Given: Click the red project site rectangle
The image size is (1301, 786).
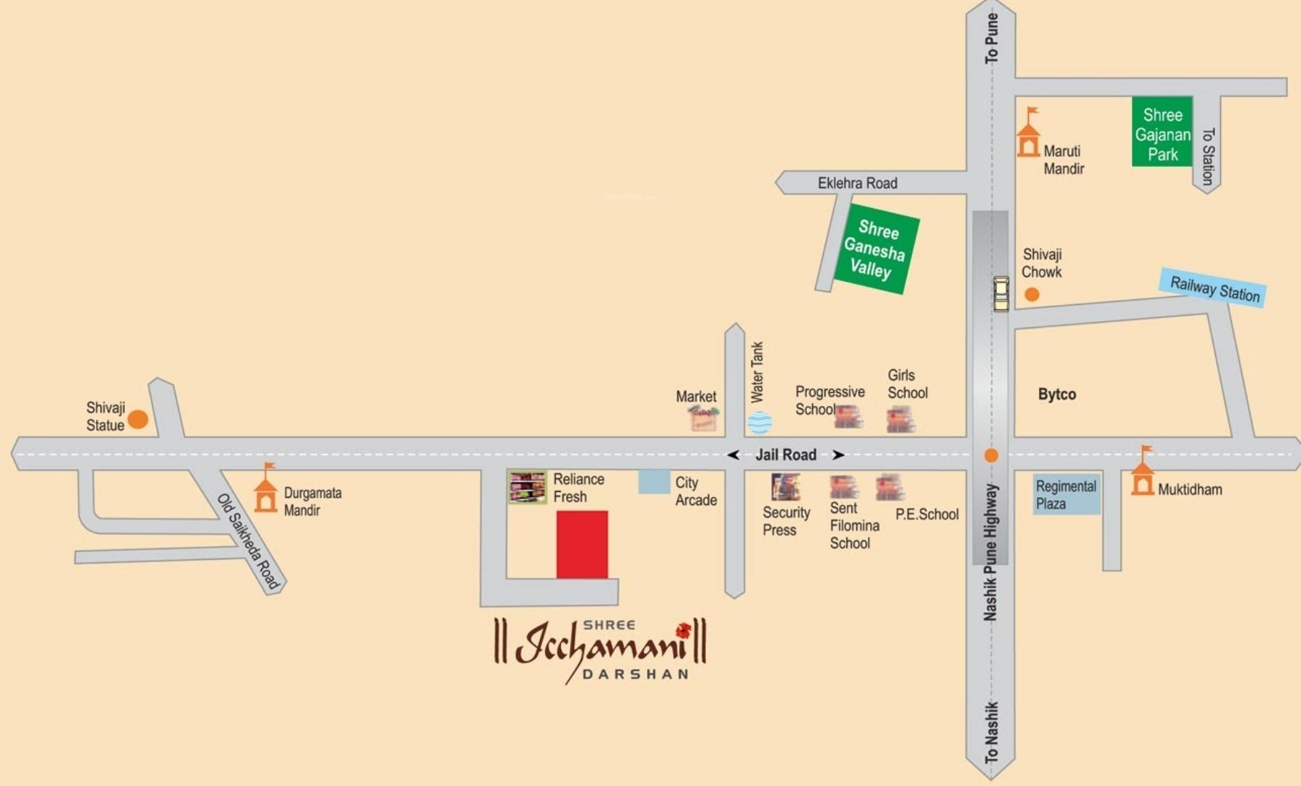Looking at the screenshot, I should coord(582,544).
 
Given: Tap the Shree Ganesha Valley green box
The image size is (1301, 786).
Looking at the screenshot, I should coord(875,250).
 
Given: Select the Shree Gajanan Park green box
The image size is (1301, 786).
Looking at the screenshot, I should coord(1162,132).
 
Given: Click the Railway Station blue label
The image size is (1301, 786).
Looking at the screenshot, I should coord(1214,288).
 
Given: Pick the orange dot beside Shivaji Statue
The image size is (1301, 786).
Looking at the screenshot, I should coord(138,419).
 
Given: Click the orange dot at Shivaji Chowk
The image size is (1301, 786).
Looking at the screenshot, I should coord(1032,295).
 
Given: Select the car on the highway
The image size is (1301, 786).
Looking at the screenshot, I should coord(1001,293).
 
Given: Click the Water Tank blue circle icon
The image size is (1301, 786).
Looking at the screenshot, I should coord(760,422).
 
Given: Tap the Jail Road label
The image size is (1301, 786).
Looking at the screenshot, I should coord(786,455).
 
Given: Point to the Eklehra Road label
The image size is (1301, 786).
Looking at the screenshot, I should coord(857,183).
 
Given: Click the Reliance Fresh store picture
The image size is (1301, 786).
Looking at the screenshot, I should coord(528,488).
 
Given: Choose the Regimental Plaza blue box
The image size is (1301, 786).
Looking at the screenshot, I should coord(1067,495).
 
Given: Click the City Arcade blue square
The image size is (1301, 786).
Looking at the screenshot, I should coord(654,482).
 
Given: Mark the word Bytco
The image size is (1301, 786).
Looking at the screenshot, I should coord(1057,394).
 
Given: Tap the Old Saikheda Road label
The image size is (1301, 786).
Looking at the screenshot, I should coord(248,541).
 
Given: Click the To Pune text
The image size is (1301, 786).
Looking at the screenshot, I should coord(991,38).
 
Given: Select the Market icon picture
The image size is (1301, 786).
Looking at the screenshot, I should coord(704,418).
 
